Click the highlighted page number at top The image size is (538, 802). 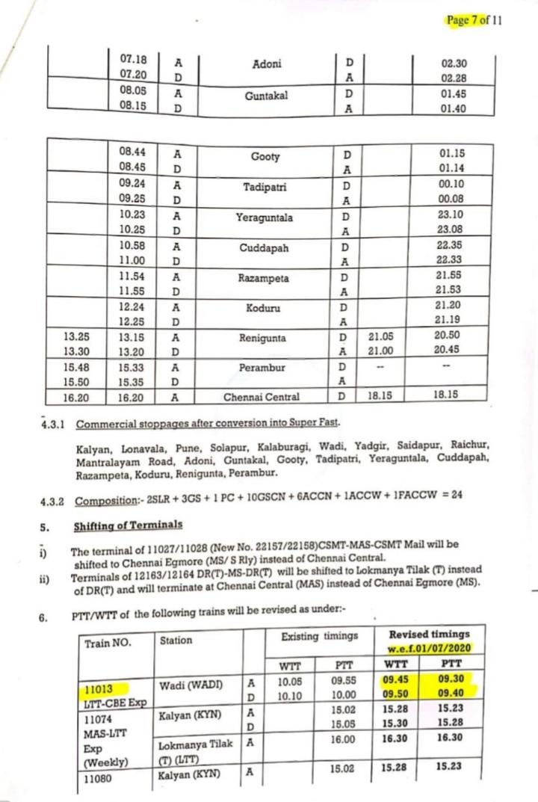pos(474,20)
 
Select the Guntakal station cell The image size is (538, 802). pos(267,96)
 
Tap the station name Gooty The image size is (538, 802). pos(266,157)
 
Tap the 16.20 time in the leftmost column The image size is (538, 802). pos(77,398)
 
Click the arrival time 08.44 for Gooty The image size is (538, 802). pos(133,151)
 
